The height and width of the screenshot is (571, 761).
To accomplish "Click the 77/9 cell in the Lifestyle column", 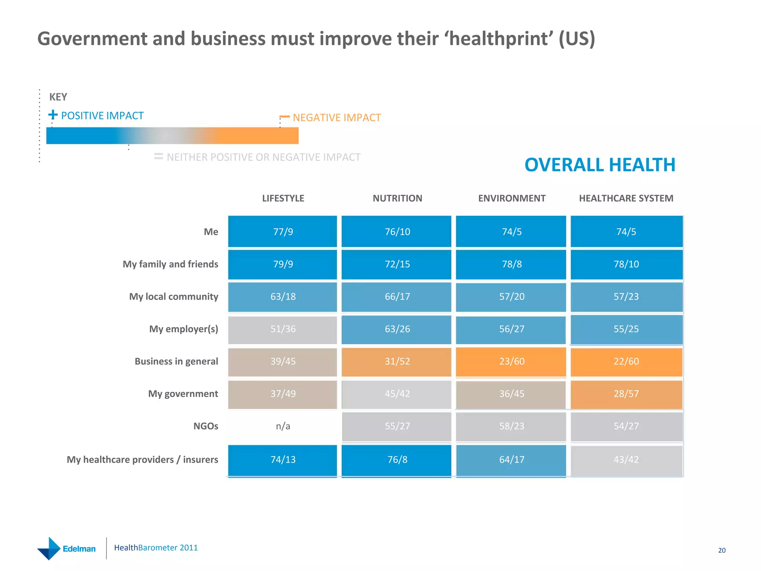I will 283,232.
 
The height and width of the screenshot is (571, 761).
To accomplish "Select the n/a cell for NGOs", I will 283,426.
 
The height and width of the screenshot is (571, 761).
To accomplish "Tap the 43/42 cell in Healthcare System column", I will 626,459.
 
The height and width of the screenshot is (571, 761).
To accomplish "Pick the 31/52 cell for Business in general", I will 397,361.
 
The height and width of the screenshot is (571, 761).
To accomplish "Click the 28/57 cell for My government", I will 626,394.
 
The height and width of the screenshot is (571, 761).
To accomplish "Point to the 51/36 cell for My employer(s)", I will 283,329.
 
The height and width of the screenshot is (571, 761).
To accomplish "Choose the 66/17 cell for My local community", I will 397,297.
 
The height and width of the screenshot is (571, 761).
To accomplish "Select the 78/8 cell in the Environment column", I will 512,264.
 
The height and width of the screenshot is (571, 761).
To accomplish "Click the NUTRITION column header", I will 397,199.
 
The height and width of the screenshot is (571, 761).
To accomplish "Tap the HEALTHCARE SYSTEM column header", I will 626,199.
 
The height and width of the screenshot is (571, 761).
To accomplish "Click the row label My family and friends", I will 171,264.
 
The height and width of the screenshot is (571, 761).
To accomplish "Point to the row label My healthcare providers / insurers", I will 142,460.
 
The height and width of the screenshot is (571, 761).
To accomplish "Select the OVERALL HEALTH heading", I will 600,165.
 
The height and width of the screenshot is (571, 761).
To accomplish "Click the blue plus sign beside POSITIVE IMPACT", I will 53,114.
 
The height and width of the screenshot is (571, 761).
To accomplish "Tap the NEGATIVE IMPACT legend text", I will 337,118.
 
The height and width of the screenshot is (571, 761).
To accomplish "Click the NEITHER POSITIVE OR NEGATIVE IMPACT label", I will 263,157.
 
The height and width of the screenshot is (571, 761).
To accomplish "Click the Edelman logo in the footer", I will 67,548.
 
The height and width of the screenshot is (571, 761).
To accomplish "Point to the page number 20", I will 722,551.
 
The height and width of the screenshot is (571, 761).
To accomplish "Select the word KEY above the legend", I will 58,97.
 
